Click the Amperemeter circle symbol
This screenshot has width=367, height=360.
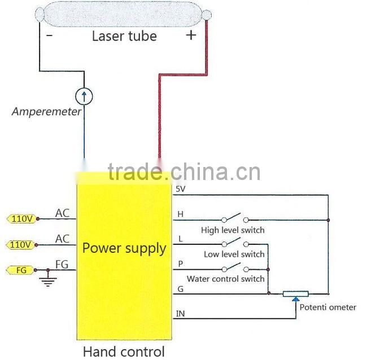(84, 96)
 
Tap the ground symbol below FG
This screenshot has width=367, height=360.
(49, 280)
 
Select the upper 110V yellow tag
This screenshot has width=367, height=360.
(21, 218)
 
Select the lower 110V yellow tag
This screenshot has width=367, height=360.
(21, 245)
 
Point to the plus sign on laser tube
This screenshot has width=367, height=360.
(191, 35)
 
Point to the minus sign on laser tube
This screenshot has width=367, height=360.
(50, 36)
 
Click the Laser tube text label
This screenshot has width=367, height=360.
(124, 36)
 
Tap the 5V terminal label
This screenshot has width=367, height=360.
(181, 190)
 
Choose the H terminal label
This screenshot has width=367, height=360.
(180, 214)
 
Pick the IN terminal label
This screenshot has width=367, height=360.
(181, 313)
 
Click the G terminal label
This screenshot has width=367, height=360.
(180, 288)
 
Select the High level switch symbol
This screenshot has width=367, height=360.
(233, 218)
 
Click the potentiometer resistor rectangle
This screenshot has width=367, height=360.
(295, 294)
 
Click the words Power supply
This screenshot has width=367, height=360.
(124, 248)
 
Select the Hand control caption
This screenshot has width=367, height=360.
(124, 352)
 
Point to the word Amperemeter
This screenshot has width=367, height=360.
(46, 112)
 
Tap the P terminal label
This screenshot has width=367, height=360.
(180, 264)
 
